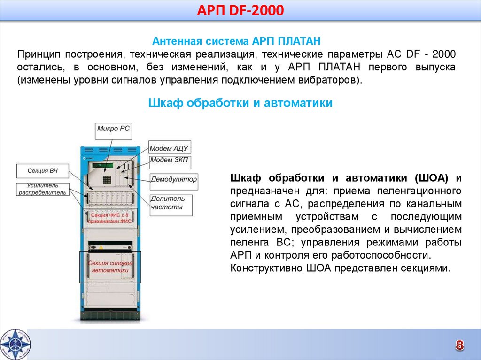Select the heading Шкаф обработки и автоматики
(240, 103)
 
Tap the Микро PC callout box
(114, 129)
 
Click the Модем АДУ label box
(169, 148)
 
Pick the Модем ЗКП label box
(169, 161)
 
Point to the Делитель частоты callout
(168, 203)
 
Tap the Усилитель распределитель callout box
(42, 189)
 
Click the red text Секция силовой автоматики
(109, 267)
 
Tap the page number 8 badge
(459, 345)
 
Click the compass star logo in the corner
(14, 344)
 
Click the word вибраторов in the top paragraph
(334, 80)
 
